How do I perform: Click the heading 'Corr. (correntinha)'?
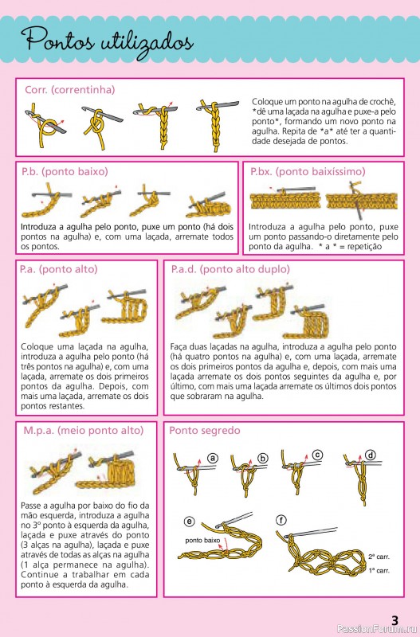70,90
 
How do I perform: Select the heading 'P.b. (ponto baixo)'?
65,172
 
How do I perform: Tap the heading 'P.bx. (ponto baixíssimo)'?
308,172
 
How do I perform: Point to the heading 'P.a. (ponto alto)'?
58,269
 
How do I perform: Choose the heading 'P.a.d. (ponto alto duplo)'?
230,269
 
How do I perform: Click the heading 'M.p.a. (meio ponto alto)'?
84,431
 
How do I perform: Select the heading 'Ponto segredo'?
205,431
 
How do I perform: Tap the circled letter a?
213,459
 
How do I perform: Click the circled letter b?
263,459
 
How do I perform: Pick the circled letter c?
317,455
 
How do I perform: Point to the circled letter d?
371,455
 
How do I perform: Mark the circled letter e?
190,522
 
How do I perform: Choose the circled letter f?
281,521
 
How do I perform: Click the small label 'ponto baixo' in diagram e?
202,541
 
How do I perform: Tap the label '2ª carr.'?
379,557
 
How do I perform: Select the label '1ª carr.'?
379,571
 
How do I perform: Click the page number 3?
394,620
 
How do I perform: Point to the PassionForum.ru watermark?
378,630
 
